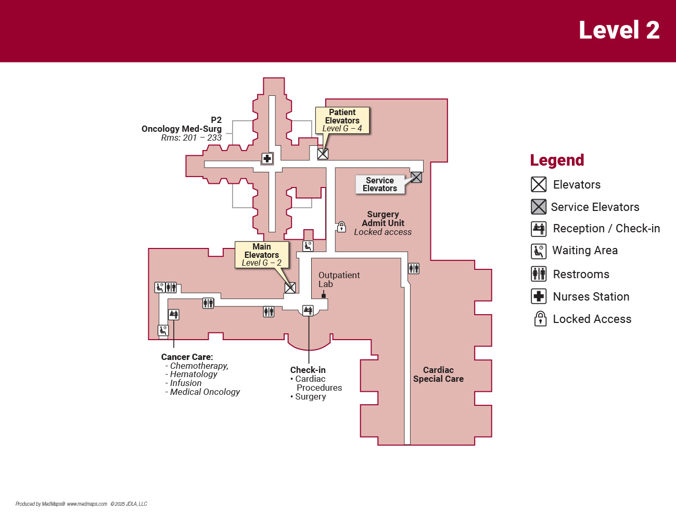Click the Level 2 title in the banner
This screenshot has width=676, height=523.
pyautogui.click(x=619, y=30)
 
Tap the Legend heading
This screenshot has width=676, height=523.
pyautogui.click(x=557, y=160)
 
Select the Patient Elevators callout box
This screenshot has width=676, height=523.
pyautogui.click(x=342, y=120)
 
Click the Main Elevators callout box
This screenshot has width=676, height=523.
pyautogui.click(x=262, y=255)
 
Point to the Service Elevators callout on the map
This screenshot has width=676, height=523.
pyautogui.click(x=380, y=184)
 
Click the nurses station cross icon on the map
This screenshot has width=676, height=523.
pyautogui.click(x=267, y=158)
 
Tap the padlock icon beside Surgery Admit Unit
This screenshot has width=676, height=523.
pyautogui.click(x=341, y=227)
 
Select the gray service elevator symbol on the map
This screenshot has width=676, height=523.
pyautogui.click(x=416, y=177)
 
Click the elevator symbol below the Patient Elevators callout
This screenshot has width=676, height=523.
pyautogui.click(x=323, y=154)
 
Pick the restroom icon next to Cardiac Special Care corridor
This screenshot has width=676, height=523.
pyautogui.click(x=414, y=268)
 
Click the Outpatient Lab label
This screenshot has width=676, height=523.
pyautogui.click(x=339, y=280)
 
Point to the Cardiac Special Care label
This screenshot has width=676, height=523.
pyautogui.click(x=438, y=375)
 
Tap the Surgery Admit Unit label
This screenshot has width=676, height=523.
pyautogui.click(x=383, y=219)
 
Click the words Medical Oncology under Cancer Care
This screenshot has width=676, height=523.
pyautogui.click(x=205, y=392)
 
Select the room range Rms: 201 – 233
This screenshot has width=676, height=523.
pyautogui.click(x=191, y=138)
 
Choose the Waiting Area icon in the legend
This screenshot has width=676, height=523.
pyautogui.click(x=539, y=251)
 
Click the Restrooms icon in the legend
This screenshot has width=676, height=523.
pyautogui.click(x=539, y=274)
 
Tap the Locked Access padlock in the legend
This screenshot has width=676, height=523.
pyautogui.click(x=540, y=319)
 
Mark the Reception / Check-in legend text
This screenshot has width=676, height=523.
pyautogui.click(x=606, y=229)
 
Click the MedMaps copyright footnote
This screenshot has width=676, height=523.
pyautogui.click(x=81, y=504)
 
